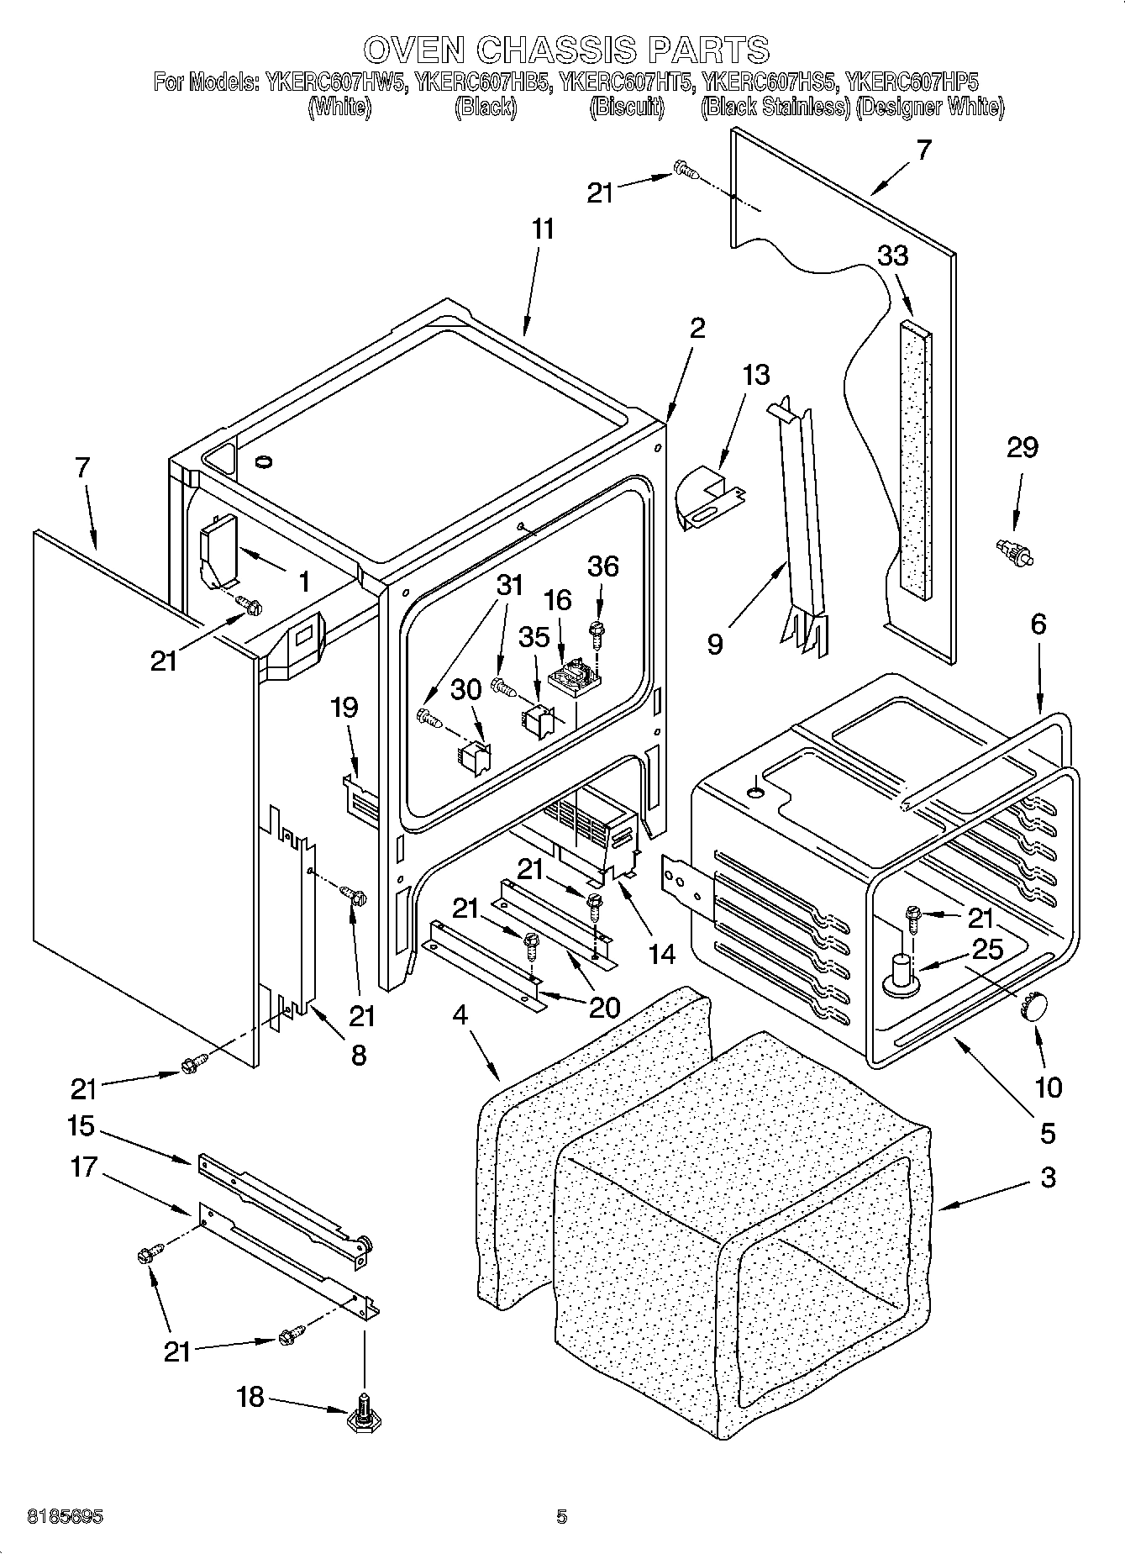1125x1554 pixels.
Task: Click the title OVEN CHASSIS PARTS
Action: point(566,50)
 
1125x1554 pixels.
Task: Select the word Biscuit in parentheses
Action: point(627,107)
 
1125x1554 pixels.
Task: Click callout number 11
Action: point(543,229)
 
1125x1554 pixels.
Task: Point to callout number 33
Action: point(892,255)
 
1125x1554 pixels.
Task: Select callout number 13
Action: point(756,374)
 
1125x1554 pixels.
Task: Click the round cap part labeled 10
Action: point(1033,1006)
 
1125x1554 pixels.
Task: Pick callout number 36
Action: point(603,566)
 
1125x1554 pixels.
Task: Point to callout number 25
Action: point(986,949)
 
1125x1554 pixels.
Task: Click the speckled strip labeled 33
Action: point(914,458)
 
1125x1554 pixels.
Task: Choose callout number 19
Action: point(344,708)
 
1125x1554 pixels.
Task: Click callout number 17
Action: point(85,1167)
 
